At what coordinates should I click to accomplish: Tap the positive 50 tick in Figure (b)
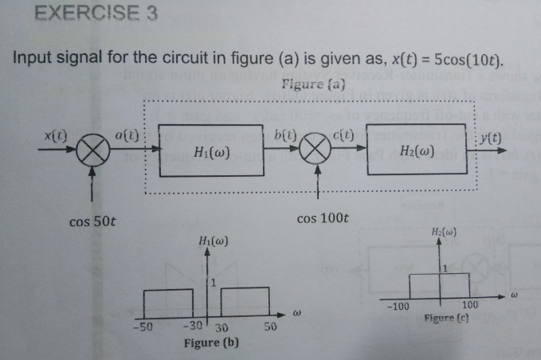click(271, 327)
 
